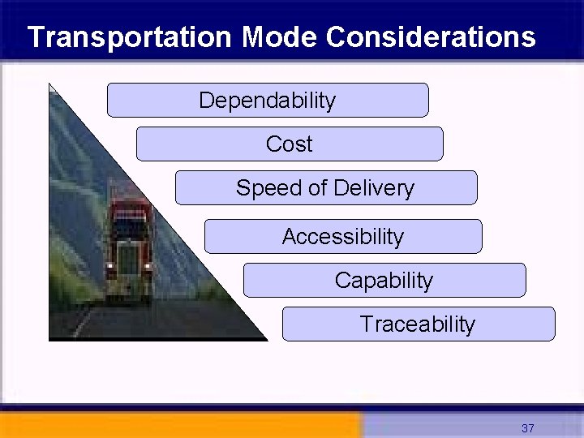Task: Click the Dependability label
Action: (x=267, y=101)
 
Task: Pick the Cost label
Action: (x=289, y=144)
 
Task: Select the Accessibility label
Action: (x=342, y=237)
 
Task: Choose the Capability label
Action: (x=384, y=281)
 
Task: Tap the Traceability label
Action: (x=418, y=324)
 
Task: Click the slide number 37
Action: (x=528, y=427)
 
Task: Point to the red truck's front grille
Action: (x=129, y=260)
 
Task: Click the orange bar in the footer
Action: (x=178, y=425)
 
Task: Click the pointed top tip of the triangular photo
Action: (x=50, y=85)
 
